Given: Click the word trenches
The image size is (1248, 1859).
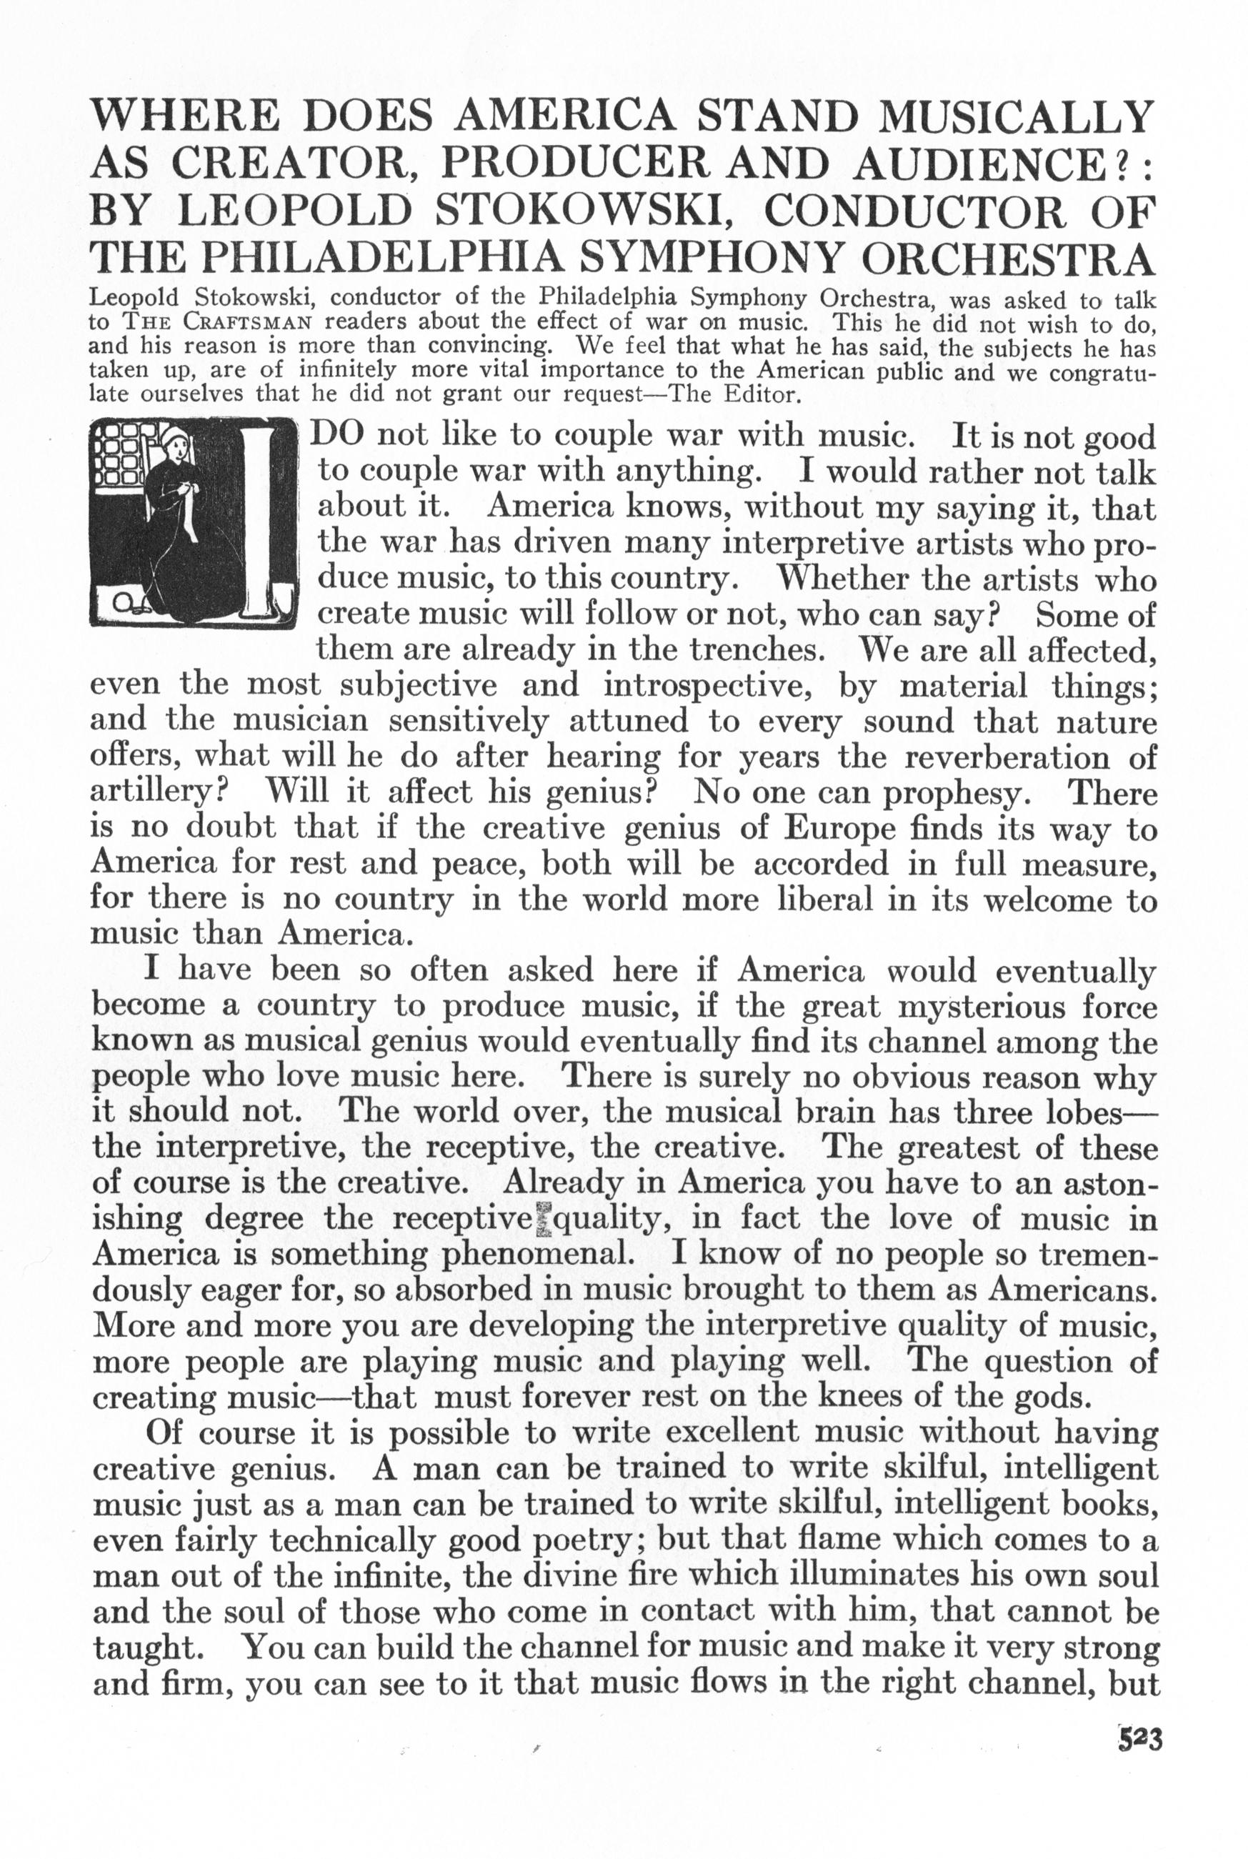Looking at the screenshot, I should pyautogui.click(x=756, y=650).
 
